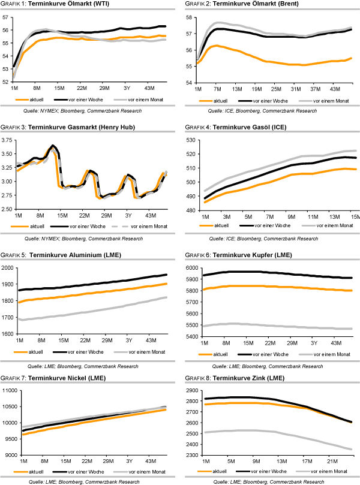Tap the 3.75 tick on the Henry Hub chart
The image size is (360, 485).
click(7, 140)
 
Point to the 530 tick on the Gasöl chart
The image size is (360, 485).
click(190, 140)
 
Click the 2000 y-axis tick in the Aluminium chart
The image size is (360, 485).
click(7, 268)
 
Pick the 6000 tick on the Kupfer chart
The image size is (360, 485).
click(190, 268)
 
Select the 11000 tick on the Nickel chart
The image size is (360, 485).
click(8, 391)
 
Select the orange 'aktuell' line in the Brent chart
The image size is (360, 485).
click(270, 62)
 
